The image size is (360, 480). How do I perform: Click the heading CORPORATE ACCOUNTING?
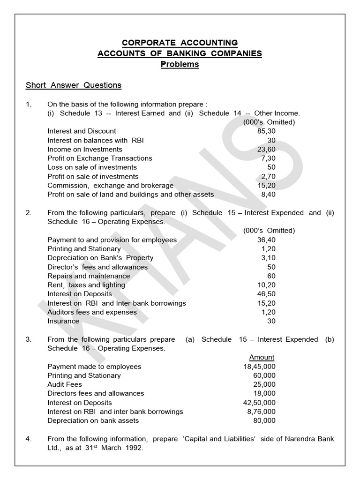click(x=180, y=43)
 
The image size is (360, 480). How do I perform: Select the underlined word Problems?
click(x=180, y=65)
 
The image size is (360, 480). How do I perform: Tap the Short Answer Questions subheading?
click(x=74, y=85)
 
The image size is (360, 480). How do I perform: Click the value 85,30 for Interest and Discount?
click(x=266, y=131)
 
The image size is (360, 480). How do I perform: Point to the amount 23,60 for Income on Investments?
click(x=266, y=149)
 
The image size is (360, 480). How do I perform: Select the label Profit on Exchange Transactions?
click(x=100, y=158)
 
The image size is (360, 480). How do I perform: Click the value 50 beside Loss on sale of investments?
click(x=271, y=167)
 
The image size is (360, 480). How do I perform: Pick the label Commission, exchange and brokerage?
click(x=110, y=185)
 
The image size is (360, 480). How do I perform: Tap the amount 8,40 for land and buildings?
click(x=268, y=194)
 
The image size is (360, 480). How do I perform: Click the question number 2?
click(x=29, y=213)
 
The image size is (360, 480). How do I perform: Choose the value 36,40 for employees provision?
click(x=266, y=240)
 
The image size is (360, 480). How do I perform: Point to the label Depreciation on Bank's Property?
click(x=100, y=258)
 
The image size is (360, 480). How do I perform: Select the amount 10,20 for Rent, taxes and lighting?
click(x=266, y=285)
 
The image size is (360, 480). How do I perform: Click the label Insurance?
click(x=63, y=321)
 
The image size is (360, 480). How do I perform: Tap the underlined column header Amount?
click(x=262, y=357)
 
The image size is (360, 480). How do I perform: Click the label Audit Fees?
click(x=65, y=384)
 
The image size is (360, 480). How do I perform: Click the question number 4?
click(x=29, y=439)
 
